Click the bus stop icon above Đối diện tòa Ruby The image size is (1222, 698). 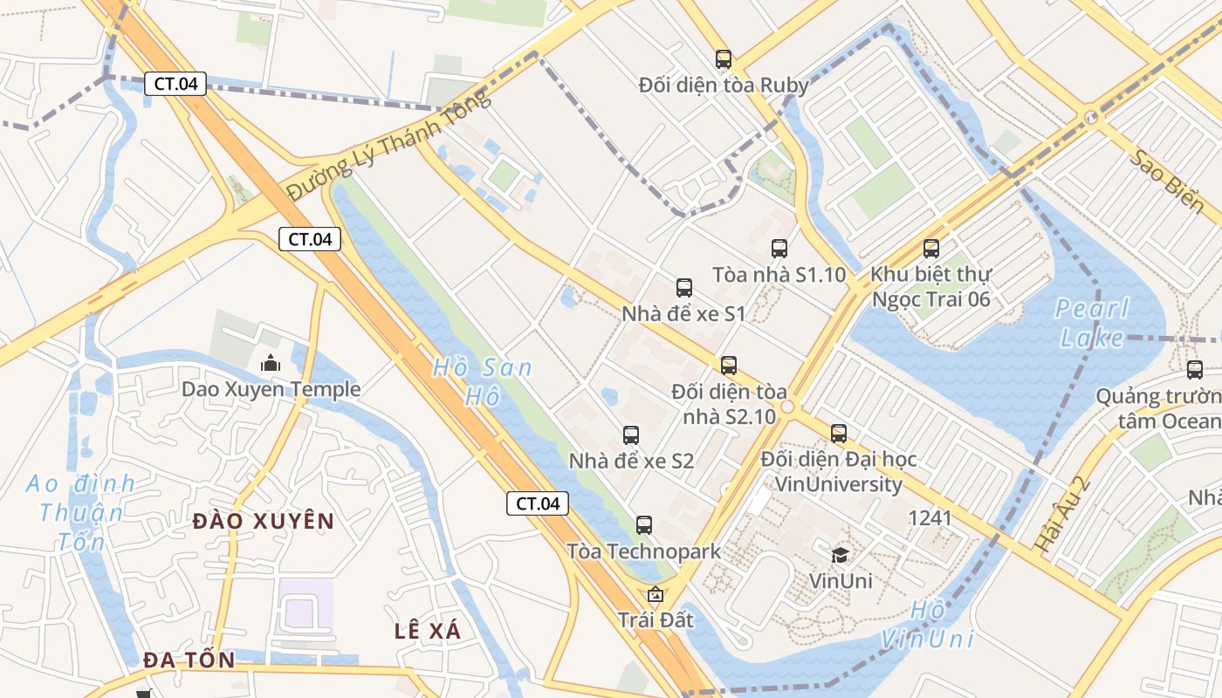point(723,59)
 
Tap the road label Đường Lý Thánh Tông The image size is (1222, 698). point(389,146)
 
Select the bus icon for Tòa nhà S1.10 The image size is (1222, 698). point(779,249)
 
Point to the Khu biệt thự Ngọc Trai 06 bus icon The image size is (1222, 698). point(931,249)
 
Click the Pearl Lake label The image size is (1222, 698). point(1091,323)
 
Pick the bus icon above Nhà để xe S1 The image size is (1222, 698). point(684,288)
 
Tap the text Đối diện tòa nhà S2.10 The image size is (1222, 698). point(729,404)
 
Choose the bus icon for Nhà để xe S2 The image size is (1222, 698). point(631,435)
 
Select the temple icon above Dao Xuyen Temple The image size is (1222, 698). point(271,363)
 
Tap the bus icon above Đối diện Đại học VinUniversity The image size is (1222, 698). point(839,433)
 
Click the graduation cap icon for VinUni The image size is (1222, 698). point(840,555)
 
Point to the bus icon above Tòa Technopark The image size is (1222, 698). point(644,525)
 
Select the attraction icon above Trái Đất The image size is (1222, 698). point(656,595)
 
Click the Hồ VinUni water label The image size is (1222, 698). point(926,625)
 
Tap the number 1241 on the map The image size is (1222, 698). point(930,518)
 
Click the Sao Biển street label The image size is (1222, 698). point(1166,181)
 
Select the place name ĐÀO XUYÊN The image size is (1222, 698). point(263,522)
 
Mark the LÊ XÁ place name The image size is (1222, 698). point(428,631)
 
